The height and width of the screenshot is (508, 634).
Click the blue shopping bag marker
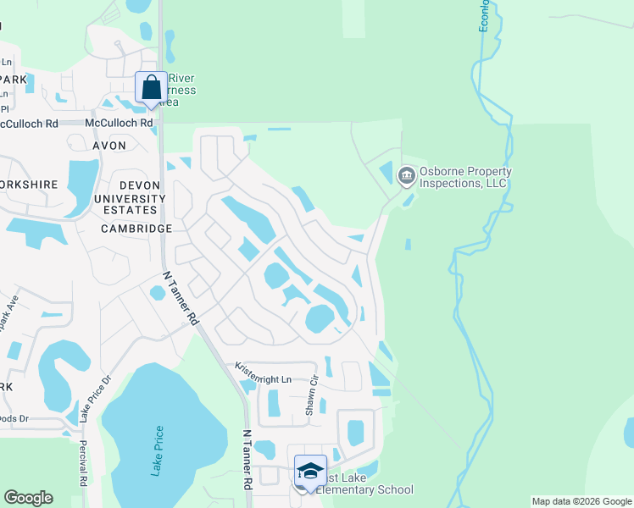[x=151, y=87]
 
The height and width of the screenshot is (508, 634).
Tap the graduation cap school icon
[x=310, y=471]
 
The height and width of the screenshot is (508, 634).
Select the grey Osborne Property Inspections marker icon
[x=405, y=176]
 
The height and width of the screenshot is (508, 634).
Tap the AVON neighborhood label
[x=108, y=146]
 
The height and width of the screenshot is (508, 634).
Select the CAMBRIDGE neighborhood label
[x=136, y=229]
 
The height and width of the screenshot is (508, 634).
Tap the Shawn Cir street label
[x=311, y=395]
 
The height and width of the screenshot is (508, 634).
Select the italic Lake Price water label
[x=157, y=451]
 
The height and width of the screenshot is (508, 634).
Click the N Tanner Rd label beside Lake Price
[x=248, y=458]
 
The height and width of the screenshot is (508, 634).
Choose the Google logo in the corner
[x=28, y=498]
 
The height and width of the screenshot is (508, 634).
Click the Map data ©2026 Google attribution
[x=581, y=501]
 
